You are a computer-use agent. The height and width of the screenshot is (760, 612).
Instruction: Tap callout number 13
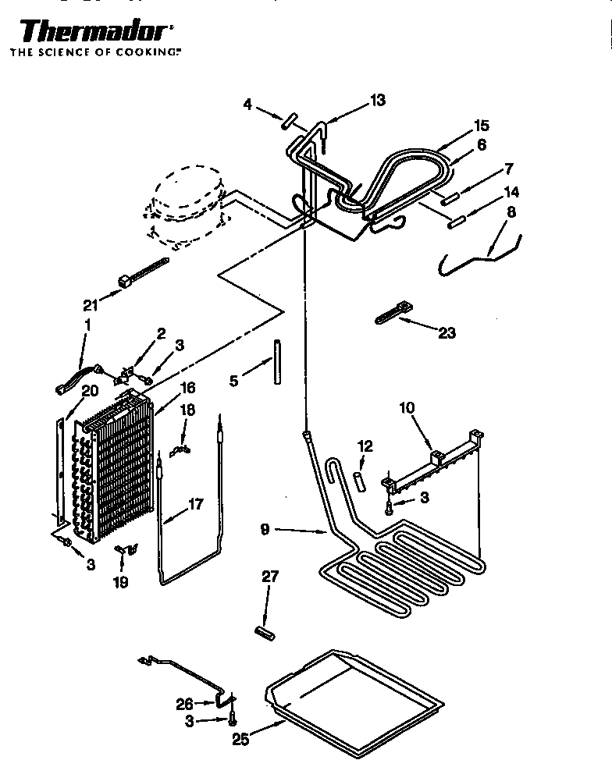point(378,100)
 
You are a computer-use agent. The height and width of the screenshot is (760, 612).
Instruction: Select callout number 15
point(482,126)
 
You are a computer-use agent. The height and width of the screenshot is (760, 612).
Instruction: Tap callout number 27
point(269,577)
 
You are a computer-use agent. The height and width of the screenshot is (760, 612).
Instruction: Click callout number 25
point(240,739)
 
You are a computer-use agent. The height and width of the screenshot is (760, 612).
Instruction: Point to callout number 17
point(195,505)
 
